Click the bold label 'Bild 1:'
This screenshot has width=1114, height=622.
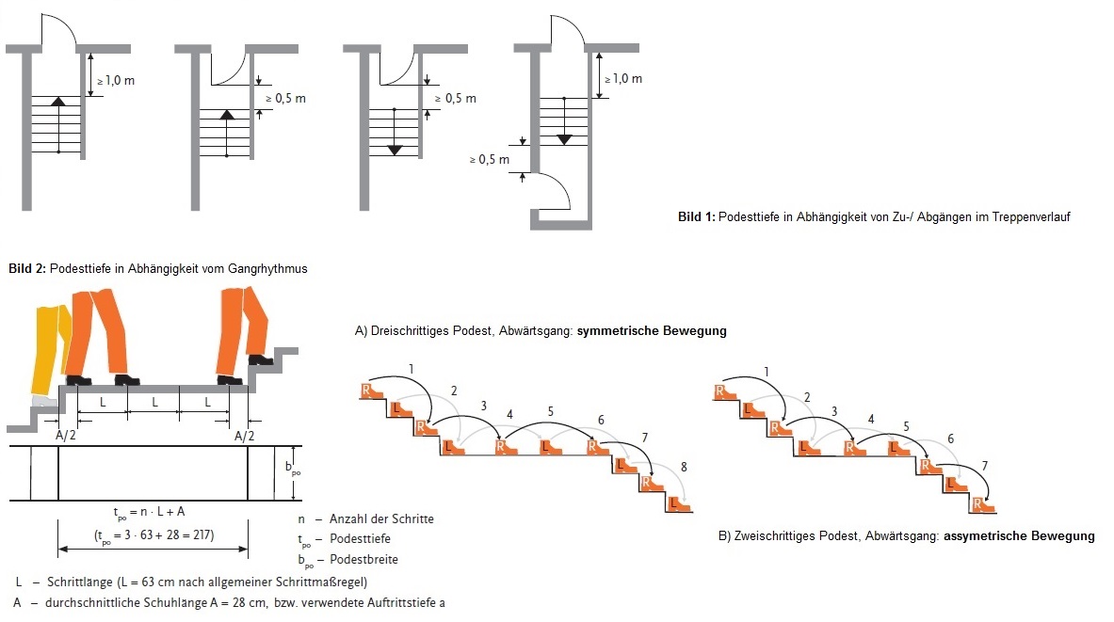point(696,217)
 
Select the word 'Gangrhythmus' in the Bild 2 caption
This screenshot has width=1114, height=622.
point(272,269)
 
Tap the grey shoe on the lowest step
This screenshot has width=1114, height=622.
point(42,401)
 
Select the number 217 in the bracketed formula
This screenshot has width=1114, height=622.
point(199,534)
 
